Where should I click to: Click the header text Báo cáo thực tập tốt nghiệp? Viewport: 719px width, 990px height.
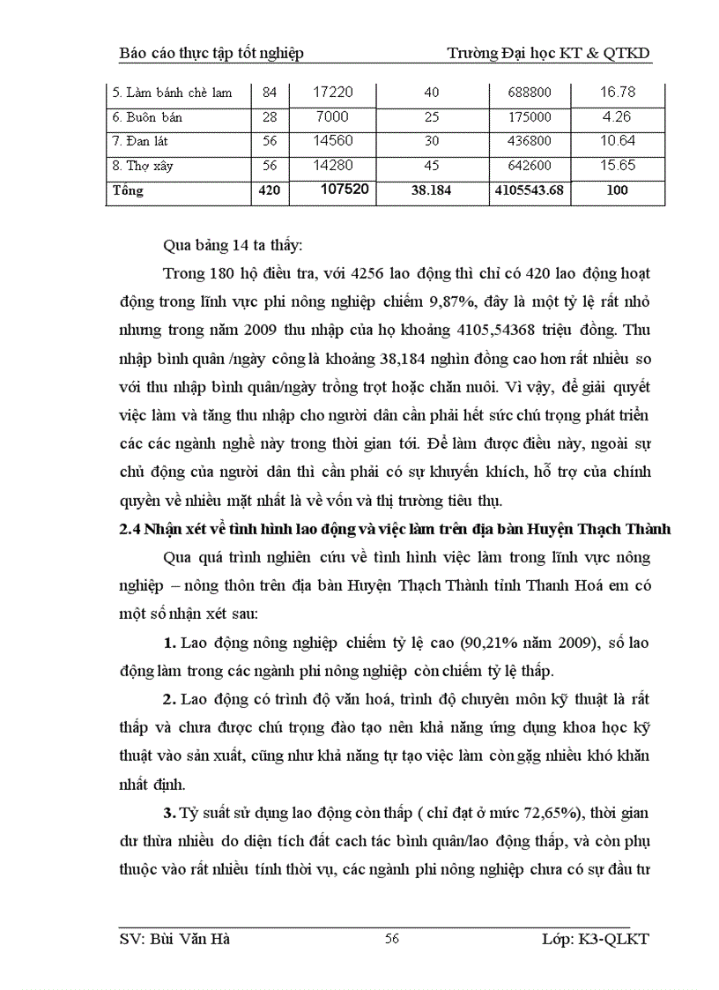[211, 54]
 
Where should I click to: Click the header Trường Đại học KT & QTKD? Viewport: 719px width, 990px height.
[548, 54]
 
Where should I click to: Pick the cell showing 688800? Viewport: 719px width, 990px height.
[530, 93]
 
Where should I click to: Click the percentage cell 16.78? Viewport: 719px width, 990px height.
[617, 92]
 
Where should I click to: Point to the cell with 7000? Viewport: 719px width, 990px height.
[334, 116]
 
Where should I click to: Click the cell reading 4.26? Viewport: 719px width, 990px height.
[617, 116]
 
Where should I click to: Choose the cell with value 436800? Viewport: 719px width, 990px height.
[530, 142]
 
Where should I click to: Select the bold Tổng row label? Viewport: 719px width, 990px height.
[128, 190]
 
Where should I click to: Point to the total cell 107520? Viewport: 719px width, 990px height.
[338, 190]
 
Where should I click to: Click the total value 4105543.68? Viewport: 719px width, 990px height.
[530, 190]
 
